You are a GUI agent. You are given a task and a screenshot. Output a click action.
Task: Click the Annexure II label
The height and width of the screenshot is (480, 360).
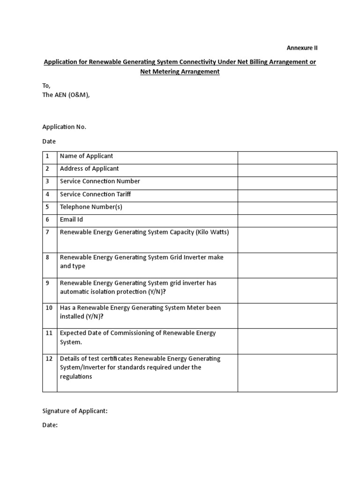[x=302, y=48]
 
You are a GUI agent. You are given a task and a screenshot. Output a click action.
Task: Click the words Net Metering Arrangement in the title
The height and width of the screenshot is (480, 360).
[x=180, y=72]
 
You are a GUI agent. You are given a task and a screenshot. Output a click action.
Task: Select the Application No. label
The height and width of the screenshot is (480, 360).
[x=64, y=127]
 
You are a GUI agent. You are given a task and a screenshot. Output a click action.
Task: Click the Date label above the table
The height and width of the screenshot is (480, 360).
[x=49, y=141]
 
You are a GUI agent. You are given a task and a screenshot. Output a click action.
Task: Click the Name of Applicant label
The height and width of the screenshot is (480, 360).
[x=86, y=156]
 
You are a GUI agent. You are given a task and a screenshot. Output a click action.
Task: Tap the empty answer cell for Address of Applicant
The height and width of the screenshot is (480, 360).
[x=287, y=170]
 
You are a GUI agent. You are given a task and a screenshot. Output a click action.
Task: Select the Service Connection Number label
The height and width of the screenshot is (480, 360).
[x=100, y=181]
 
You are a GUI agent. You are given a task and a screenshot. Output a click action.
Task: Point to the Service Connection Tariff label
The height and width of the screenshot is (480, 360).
[x=98, y=194]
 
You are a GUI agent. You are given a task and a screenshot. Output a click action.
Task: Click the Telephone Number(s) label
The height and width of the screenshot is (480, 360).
[x=91, y=207]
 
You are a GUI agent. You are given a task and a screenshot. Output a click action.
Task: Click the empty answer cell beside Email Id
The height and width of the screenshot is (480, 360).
[x=287, y=221]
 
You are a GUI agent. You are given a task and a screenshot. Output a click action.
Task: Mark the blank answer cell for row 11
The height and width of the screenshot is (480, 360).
[x=287, y=341]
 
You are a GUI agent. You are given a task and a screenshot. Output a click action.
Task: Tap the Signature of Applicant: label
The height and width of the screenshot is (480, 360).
[x=75, y=411]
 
